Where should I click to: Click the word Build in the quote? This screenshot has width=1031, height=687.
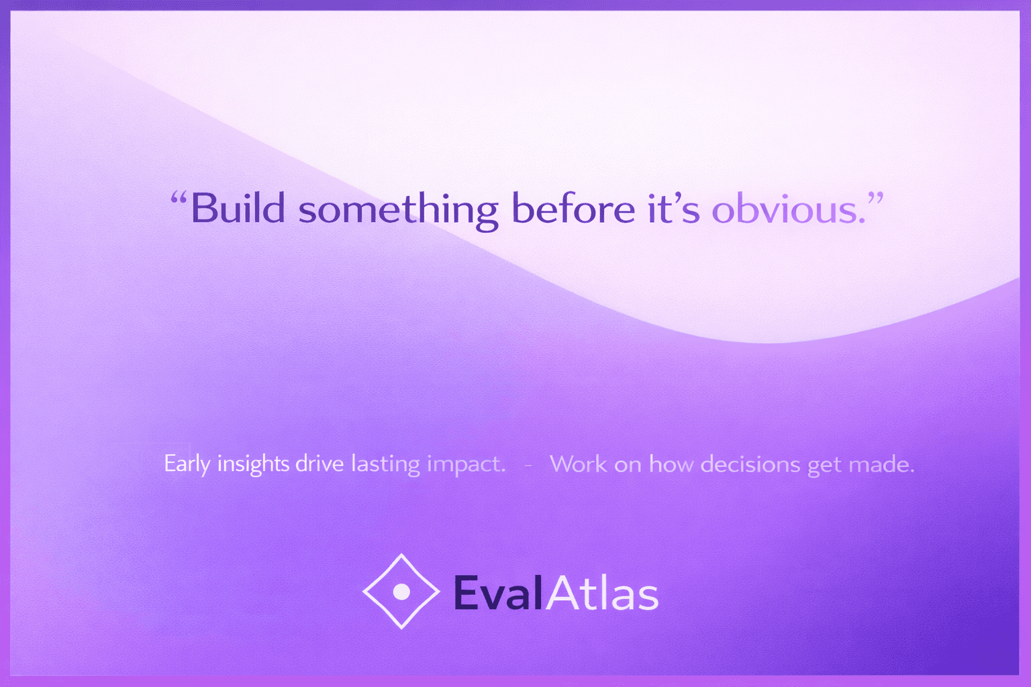click(238, 209)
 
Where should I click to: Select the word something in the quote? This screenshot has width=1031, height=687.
click(399, 211)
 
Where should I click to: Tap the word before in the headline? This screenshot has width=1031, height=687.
click(573, 209)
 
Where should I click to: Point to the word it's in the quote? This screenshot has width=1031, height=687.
click(675, 209)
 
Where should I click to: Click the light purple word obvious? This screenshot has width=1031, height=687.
click(789, 209)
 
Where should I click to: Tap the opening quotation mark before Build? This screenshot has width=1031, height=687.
click(179, 199)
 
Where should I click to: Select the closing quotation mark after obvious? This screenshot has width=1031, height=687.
click(875, 199)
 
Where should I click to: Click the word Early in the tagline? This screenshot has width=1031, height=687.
click(187, 464)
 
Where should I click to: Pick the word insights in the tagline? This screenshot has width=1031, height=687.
click(253, 464)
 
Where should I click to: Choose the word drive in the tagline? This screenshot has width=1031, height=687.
click(320, 464)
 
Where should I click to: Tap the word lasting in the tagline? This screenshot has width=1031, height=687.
click(386, 464)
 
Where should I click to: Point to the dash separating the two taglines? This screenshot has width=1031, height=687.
click(528, 466)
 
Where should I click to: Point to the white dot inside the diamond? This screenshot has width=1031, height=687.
click(401, 592)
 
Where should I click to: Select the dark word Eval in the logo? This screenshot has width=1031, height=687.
click(498, 593)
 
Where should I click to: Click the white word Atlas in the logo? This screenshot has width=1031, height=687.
click(603, 593)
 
